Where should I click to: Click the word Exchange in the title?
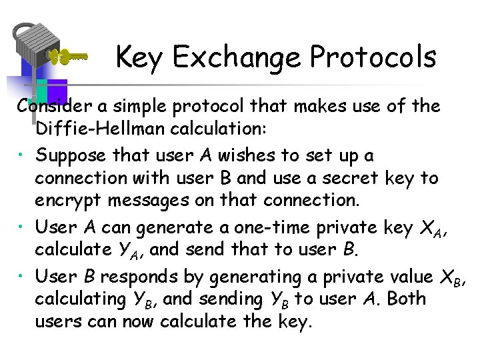[x=237, y=57]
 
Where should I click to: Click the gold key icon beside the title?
[x=70, y=57]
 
